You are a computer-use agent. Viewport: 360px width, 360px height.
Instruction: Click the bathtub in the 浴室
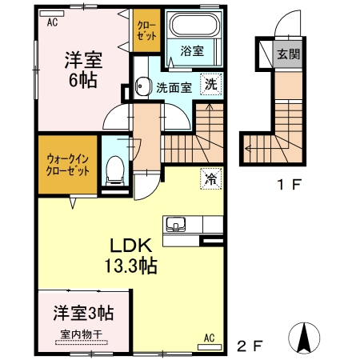(x=194, y=24)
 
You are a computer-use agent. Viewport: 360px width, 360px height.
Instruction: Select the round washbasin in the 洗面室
(x=141, y=86)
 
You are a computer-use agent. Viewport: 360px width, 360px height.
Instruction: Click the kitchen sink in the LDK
(x=175, y=223)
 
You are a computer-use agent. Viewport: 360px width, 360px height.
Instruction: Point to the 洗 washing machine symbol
(x=210, y=84)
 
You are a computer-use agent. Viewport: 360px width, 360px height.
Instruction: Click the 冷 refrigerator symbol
(x=210, y=178)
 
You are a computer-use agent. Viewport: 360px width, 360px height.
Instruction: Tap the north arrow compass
(x=305, y=337)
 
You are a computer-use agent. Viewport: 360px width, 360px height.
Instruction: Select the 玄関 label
(x=289, y=54)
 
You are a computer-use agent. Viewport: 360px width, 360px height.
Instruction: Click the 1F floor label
(x=290, y=184)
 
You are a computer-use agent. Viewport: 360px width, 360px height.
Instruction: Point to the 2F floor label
(x=250, y=346)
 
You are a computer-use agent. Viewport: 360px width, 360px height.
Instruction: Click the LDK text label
(x=131, y=246)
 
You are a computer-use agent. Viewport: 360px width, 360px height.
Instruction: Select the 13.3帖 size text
(x=130, y=266)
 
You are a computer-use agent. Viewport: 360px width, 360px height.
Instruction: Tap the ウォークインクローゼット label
(x=67, y=165)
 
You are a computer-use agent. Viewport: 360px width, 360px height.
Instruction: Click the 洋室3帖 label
(x=83, y=313)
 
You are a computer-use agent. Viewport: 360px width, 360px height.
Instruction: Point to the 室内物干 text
(x=82, y=334)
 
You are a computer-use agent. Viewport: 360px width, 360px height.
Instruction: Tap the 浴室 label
(x=192, y=51)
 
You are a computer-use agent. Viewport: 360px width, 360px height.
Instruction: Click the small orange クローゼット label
(x=146, y=31)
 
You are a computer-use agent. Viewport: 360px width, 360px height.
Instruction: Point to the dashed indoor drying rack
(x=82, y=342)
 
